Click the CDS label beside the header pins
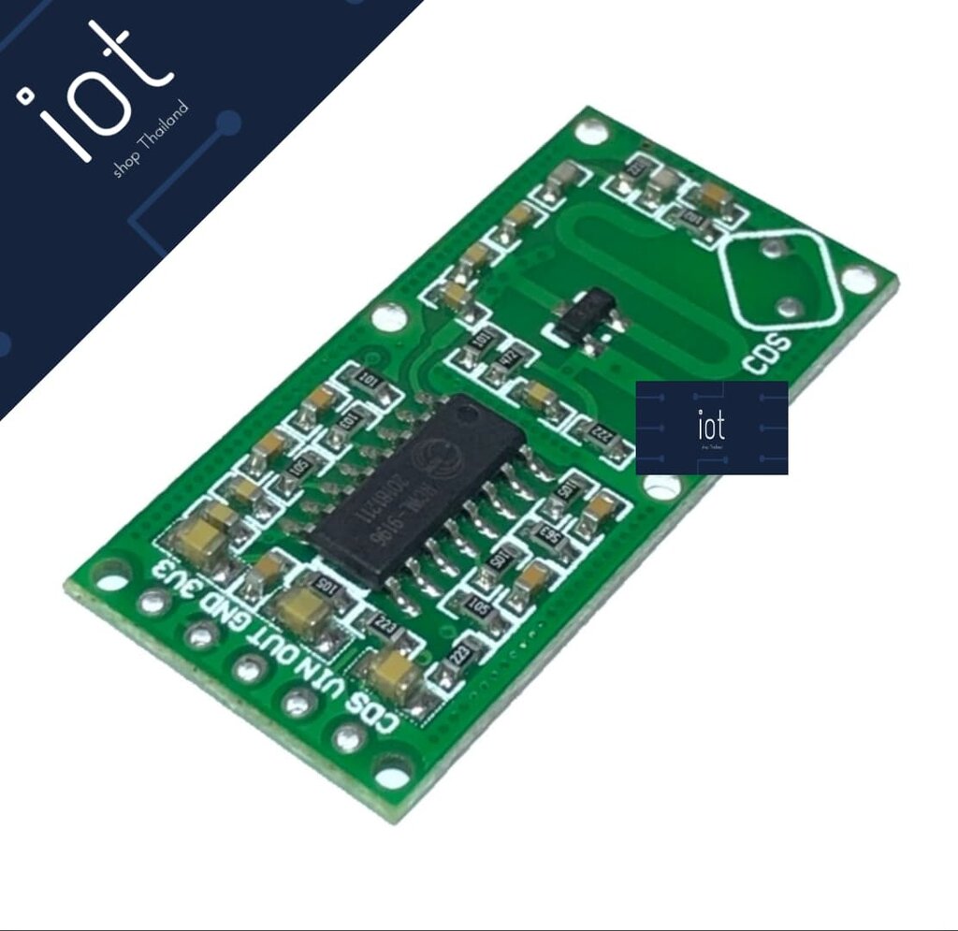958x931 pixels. pyautogui.click(x=373, y=710)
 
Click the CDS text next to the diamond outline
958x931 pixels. pyautogui.click(x=766, y=354)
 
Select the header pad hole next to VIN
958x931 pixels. pyautogui.click(x=298, y=701)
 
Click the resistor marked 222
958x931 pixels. pyautogui.click(x=604, y=435)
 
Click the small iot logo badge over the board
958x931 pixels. pyautogui.click(x=711, y=428)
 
